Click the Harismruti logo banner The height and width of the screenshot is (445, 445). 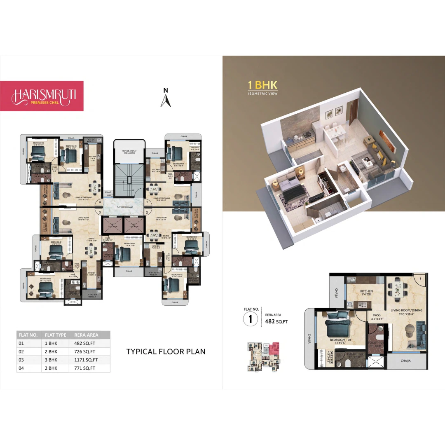coord(42,96)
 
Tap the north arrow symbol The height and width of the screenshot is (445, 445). coord(166,98)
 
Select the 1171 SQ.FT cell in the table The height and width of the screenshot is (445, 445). coord(84,360)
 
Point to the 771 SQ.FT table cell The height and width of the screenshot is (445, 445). coord(84,368)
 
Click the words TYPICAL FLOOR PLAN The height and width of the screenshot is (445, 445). coord(166,351)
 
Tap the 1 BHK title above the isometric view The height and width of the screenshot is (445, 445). coord(262,85)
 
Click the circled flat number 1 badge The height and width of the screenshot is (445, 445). coord(250,319)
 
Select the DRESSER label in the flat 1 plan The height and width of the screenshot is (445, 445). coord(332,355)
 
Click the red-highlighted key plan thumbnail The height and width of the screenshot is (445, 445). coord(263,355)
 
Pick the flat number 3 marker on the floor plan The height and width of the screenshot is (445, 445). coord(100,213)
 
